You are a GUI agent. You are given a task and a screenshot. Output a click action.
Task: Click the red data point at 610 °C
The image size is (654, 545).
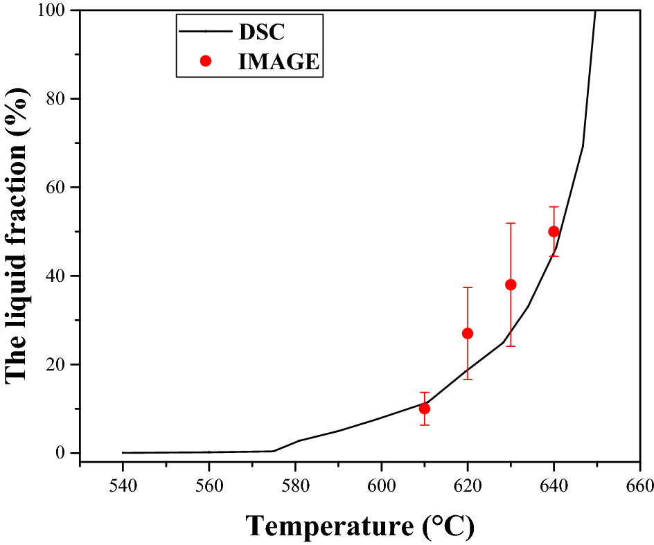[424, 409]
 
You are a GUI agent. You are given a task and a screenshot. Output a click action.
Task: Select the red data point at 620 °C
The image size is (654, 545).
[468, 333]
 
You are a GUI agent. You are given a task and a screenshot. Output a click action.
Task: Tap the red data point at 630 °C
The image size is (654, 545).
[511, 285]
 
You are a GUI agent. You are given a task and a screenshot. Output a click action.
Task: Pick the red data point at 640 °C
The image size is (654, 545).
[554, 231]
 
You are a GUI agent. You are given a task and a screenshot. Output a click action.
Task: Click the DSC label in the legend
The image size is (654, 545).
[263, 31]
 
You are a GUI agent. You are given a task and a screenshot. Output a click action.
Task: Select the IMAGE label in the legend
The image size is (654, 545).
[279, 61]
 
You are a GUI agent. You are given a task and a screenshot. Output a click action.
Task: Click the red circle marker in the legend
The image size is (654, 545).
[205, 61]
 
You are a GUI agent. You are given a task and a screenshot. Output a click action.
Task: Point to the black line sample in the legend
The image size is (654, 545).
[205, 31]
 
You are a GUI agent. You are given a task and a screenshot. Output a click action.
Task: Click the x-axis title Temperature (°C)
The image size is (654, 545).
[360, 526]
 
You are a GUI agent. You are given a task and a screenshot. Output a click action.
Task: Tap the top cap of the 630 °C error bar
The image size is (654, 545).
[511, 223]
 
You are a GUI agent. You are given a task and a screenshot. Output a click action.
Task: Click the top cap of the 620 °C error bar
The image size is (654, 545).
[468, 287]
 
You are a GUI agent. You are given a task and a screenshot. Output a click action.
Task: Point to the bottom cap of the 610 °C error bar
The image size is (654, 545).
[424, 425]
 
